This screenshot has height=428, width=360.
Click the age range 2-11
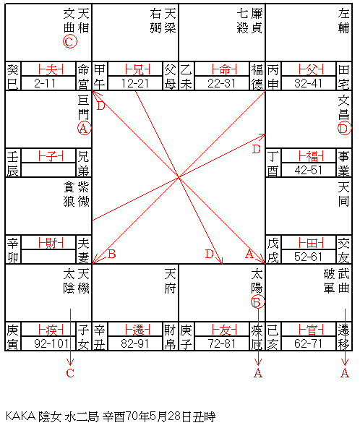coord(45,84)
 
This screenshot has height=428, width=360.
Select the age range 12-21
coord(135,84)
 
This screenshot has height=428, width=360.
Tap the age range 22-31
coord(221,84)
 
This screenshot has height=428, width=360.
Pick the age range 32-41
coord(308,84)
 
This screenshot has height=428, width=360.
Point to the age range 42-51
coord(308,171)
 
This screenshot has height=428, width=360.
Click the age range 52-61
coord(308,257)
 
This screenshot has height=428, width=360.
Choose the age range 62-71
coord(308,343)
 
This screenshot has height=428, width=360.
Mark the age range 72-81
coord(221,343)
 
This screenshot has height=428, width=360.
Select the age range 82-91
coord(135,343)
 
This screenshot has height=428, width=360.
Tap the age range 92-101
coord(51,343)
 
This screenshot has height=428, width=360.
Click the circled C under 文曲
coord(70,42)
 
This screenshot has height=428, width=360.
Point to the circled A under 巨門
coord(85,128)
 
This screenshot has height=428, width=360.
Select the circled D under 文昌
coord(344,128)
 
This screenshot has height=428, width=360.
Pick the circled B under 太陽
coord(257,302)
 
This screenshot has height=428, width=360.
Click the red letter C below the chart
coord(70,373)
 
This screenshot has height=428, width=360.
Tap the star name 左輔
coord(343,21)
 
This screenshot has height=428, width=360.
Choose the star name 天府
coord(170,281)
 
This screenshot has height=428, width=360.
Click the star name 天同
coord(343,194)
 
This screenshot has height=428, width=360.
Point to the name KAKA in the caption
coord(20,416)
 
